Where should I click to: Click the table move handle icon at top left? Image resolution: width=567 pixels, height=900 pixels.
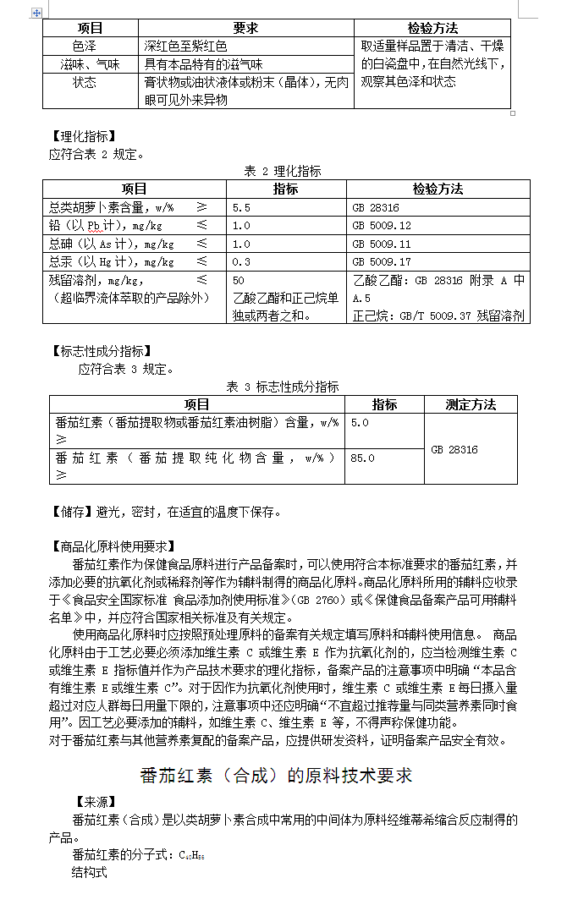pos(36,13)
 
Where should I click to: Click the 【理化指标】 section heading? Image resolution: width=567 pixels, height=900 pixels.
pos(82,136)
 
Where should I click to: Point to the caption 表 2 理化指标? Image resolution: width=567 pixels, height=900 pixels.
pos(283,172)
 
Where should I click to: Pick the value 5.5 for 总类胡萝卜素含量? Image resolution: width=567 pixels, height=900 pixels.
pos(241,207)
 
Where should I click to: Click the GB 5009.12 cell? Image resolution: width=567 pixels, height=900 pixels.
pos(381,226)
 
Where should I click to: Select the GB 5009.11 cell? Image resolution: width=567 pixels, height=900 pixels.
pos(381,244)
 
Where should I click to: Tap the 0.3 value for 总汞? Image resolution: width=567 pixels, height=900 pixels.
pos(241,262)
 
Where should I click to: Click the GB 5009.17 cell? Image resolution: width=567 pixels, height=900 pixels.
pos(381,262)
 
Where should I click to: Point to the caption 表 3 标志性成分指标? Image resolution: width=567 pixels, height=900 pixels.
pos(283,387)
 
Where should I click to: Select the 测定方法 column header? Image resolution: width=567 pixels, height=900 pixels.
pos(471,404)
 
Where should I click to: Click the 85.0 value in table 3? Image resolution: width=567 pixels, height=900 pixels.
pos(362,458)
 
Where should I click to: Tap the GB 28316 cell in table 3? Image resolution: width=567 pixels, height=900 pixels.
pos(454,449)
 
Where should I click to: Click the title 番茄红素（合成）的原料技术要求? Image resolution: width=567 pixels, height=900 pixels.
pos(276,776)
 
